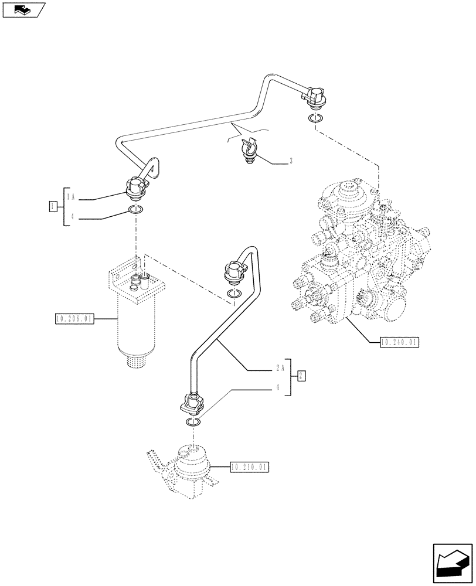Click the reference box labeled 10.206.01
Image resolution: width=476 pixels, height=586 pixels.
coord(73,319)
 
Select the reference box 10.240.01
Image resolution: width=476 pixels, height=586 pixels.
coord(399,342)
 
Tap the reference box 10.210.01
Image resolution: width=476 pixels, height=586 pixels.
coord(250,467)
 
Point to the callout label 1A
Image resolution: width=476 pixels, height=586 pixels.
coord(70,195)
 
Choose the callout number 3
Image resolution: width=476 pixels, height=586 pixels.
coord(291,161)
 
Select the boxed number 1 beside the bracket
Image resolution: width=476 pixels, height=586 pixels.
coord(53,206)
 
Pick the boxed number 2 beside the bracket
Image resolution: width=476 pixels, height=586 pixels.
coord(300,376)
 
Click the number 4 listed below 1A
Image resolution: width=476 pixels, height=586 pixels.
coord(71,217)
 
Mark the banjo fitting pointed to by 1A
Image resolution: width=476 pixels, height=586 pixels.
coord(137,188)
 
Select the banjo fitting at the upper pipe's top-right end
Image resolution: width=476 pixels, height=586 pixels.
coord(316,97)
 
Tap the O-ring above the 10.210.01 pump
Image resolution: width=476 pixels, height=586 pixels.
coord(193,424)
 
